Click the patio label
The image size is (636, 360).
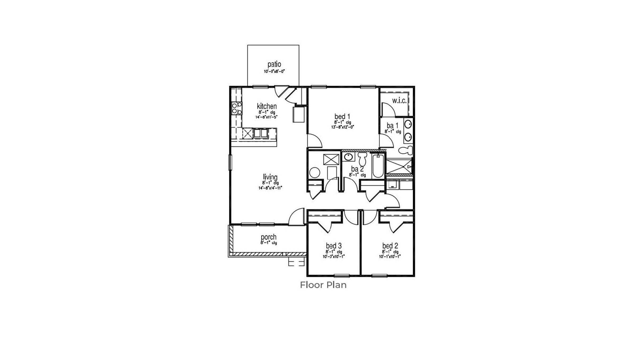point(274,64)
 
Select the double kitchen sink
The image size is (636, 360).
point(260,133)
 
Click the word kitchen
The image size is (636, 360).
point(267,106)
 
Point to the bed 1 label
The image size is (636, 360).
point(342,117)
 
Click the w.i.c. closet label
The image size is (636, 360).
point(399,101)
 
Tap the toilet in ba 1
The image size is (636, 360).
point(406,150)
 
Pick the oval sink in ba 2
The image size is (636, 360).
point(348,157)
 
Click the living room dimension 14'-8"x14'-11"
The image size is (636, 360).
point(270,188)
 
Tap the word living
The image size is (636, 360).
point(270,177)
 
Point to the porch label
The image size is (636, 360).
point(269,237)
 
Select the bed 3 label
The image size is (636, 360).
point(334,246)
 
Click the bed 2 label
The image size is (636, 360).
point(390,246)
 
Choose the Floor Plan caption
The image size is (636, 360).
point(323,285)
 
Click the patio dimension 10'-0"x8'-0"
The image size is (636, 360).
point(274,71)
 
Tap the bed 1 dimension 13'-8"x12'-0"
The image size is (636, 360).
point(342,127)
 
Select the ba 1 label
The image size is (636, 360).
point(392,126)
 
